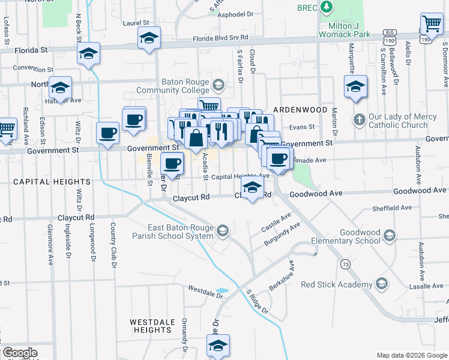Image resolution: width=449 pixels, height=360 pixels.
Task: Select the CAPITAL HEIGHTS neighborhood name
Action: (x=52, y=181)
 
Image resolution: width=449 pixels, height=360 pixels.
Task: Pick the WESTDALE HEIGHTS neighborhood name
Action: (x=152, y=326)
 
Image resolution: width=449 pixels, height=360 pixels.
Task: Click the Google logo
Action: (x=20, y=353)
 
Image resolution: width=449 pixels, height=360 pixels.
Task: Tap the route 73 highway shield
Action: (x=345, y=264)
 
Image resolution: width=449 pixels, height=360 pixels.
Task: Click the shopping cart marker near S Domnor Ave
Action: (x=432, y=24)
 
